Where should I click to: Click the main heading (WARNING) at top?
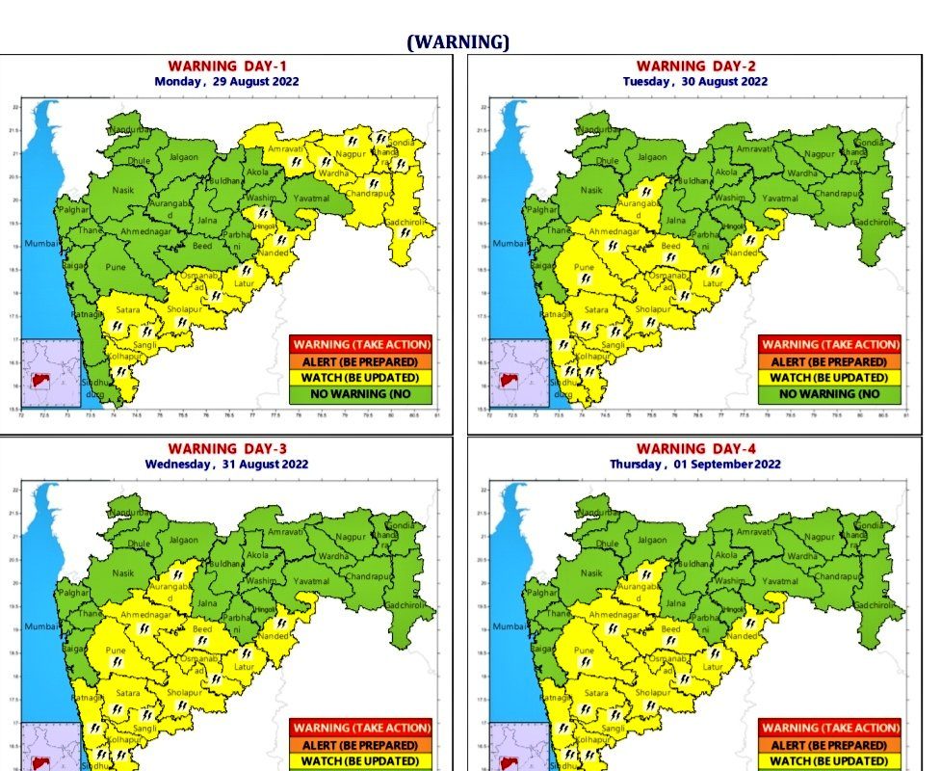tap(457, 42)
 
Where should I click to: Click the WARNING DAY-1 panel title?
tap(226, 66)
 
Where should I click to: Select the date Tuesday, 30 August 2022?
tap(695, 82)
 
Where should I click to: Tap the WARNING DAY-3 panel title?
tap(226, 449)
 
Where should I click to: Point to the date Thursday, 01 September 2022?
tap(695, 464)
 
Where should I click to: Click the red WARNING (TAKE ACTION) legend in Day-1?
tap(361, 344)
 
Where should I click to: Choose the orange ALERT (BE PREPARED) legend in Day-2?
tap(829, 360)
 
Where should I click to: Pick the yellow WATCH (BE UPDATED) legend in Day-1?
tap(361, 378)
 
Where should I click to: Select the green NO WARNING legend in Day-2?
tap(829, 394)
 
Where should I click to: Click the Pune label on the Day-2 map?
tap(584, 267)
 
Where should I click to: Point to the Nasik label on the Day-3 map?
tap(123, 573)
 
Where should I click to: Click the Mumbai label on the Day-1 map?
tap(42, 244)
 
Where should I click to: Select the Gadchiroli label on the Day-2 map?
tap(885, 223)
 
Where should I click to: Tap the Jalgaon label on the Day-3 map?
tap(183, 541)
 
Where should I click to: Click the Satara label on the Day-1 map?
tap(128, 310)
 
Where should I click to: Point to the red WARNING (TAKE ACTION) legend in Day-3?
tap(361, 728)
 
